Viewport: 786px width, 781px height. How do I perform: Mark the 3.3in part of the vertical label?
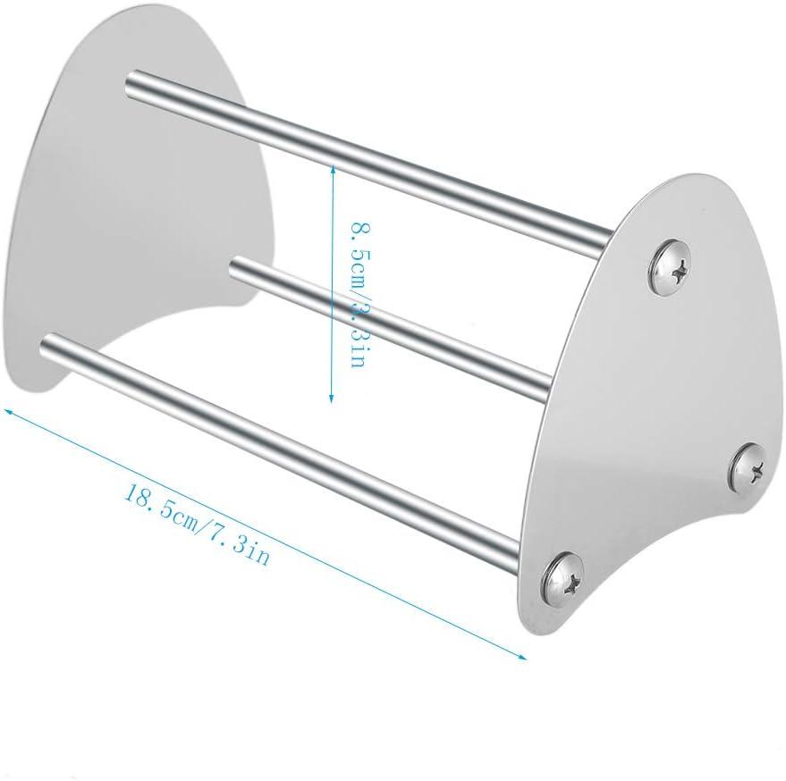tap(350, 336)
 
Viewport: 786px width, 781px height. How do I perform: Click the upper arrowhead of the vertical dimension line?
tap(333, 169)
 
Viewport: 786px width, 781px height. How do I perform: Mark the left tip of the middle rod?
tap(238, 265)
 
